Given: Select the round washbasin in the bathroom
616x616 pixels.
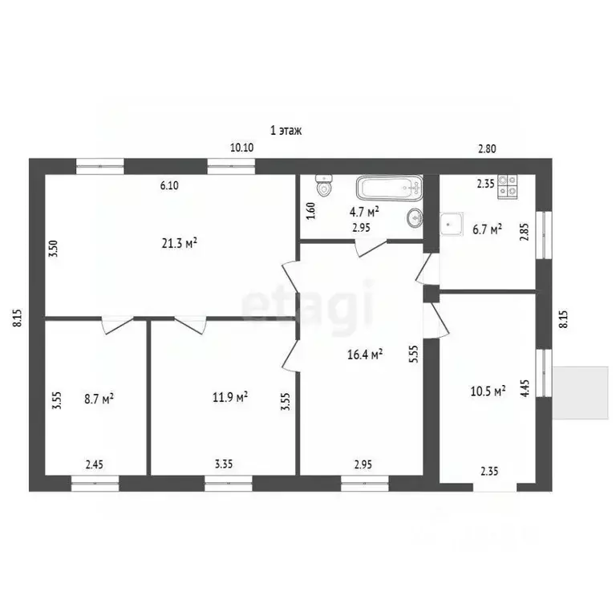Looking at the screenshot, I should coord(415,217).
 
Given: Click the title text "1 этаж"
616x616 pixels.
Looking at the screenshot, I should coord(286,130).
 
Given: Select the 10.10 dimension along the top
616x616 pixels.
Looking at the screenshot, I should coord(241,147).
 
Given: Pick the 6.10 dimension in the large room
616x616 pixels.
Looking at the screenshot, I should coord(168,185).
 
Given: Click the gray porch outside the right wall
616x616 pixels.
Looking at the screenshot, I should coord(582,391).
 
